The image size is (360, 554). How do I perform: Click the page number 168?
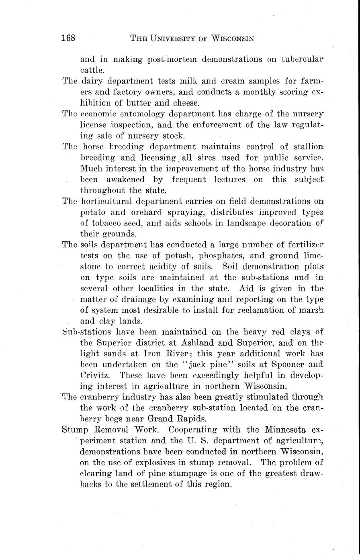(x=69, y=39)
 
